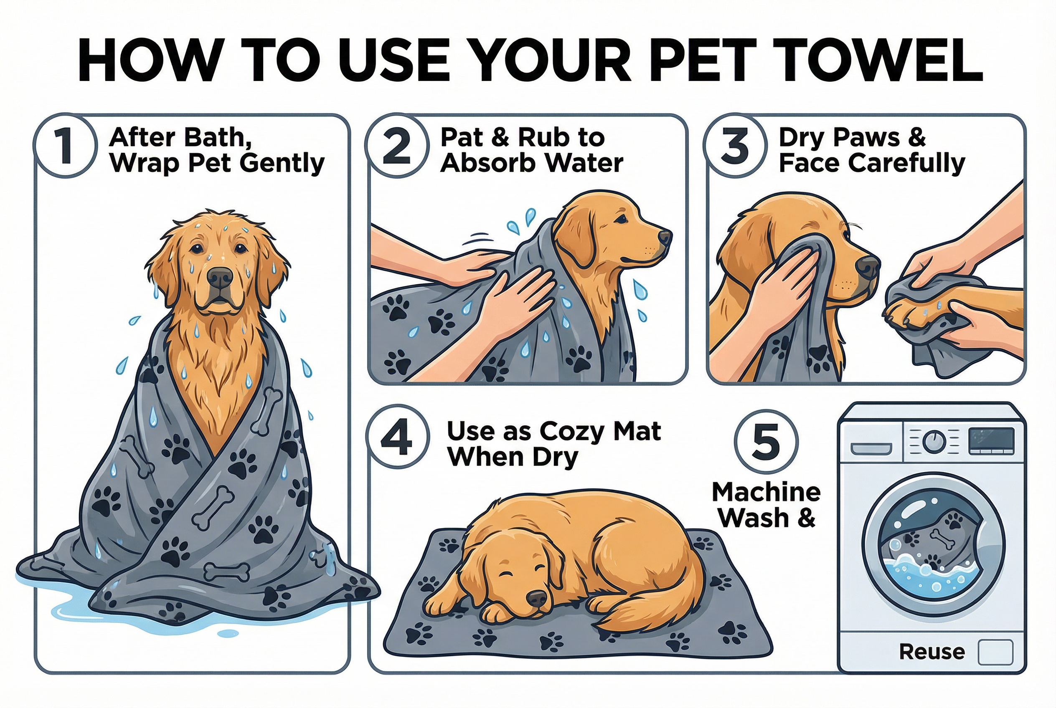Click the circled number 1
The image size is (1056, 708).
pyautogui.click(x=66, y=145)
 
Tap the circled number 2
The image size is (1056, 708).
pyautogui.click(x=396, y=145)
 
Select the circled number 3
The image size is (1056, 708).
pyautogui.click(x=735, y=145)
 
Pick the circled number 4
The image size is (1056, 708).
pyautogui.click(x=397, y=436)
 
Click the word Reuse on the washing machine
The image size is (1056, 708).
pyautogui.click(x=932, y=652)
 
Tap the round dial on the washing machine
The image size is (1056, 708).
pyautogui.click(x=934, y=441)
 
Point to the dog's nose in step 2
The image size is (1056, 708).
pyautogui.click(x=665, y=236)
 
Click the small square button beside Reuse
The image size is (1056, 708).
pyautogui.click(x=995, y=652)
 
